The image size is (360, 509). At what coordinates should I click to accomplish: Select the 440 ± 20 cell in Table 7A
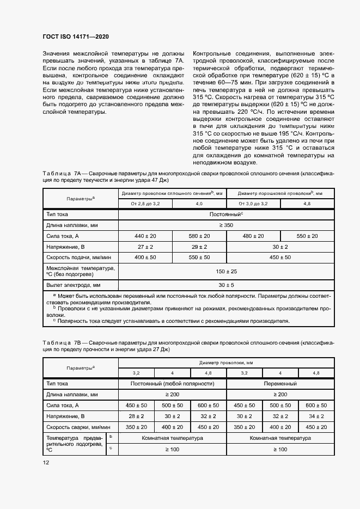pos(145,236)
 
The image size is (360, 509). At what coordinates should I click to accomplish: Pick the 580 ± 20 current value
pos(199,236)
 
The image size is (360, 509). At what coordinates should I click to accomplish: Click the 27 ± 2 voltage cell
pos(145,247)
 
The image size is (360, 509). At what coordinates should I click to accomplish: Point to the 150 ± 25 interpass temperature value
pos(226,271)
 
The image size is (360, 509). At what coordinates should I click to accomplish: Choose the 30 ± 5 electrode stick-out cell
pos(226,285)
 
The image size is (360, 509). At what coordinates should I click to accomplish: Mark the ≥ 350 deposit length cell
pos(226,225)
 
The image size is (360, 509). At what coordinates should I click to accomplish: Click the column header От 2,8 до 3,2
pos(145,203)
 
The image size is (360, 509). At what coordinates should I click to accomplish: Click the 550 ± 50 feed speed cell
pos(199,257)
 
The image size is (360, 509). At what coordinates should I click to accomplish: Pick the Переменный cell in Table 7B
pos(279,383)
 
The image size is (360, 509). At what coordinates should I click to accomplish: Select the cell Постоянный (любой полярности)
pos(172,383)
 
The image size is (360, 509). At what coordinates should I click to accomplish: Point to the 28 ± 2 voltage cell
pos(136,416)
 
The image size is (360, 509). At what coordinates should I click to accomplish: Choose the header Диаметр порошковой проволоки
pos(279,193)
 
